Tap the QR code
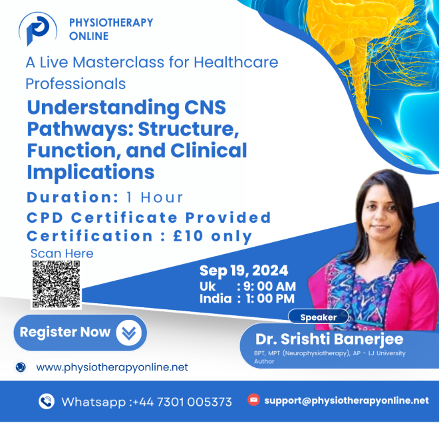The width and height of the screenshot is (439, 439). [x=57, y=285]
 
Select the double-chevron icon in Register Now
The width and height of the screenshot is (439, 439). [x=128, y=333]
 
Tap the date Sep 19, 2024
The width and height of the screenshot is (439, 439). [x=243, y=271]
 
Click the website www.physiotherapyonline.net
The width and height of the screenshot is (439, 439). [x=112, y=367]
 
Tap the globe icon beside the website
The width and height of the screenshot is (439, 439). [x=21, y=367]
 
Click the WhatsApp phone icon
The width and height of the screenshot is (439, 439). [x=47, y=401]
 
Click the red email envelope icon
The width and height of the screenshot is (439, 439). [x=253, y=400]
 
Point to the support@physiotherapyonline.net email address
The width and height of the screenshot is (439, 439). [x=346, y=400]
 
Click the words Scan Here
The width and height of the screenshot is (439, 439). [x=62, y=253]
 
